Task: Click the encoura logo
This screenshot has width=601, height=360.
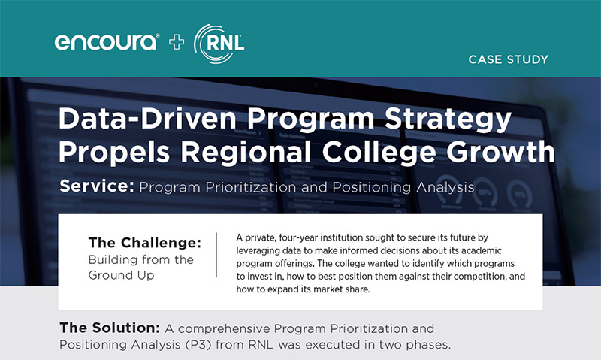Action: coord(106,42)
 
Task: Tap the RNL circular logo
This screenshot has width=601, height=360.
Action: coord(219,42)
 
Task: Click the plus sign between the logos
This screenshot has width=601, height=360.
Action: coord(177,42)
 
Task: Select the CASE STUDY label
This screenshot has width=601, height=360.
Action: coord(508,59)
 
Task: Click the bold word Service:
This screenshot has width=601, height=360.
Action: coord(95,186)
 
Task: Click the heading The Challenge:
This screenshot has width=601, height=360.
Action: coord(145,243)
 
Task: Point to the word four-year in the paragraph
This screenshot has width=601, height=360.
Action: coord(294,236)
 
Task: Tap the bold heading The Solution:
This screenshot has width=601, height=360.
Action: coord(107,329)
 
